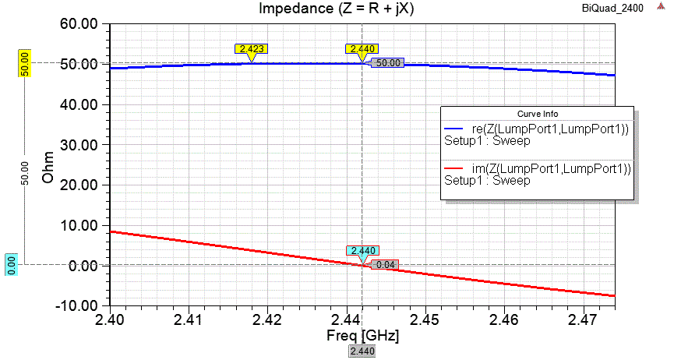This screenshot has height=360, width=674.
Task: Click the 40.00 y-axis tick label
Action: [79, 104]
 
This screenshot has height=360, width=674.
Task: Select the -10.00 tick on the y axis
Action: [77, 305]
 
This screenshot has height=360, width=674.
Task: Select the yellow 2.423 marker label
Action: [252, 49]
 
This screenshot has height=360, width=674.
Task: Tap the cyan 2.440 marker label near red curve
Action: [362, 251]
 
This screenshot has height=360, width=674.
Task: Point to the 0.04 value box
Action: [386, 265]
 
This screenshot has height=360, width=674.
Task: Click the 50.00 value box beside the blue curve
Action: [386, 63]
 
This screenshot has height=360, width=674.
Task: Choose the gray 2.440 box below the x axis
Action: [362, 352]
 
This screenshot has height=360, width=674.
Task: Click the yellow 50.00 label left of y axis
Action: [24, 63]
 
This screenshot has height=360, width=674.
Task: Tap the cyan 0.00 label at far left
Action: [12, 265]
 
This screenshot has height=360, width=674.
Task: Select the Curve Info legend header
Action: [537, 114]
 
